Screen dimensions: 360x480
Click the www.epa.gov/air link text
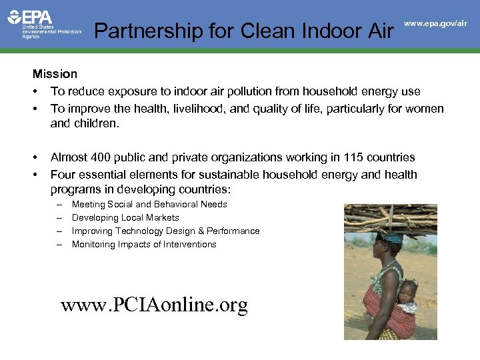(x=435, y=23)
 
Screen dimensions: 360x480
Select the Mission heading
(x=55, y=74)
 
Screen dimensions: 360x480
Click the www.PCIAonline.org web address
(x=154, y=305)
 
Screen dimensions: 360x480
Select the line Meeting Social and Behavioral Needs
(x=149, y=205)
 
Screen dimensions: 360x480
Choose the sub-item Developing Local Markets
(x=125, y=218)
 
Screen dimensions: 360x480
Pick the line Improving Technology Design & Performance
(x=165, y=231)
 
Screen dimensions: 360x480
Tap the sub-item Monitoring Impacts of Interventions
(x=144, y=245)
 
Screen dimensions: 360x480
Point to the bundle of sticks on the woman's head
(x=391, y=218)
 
